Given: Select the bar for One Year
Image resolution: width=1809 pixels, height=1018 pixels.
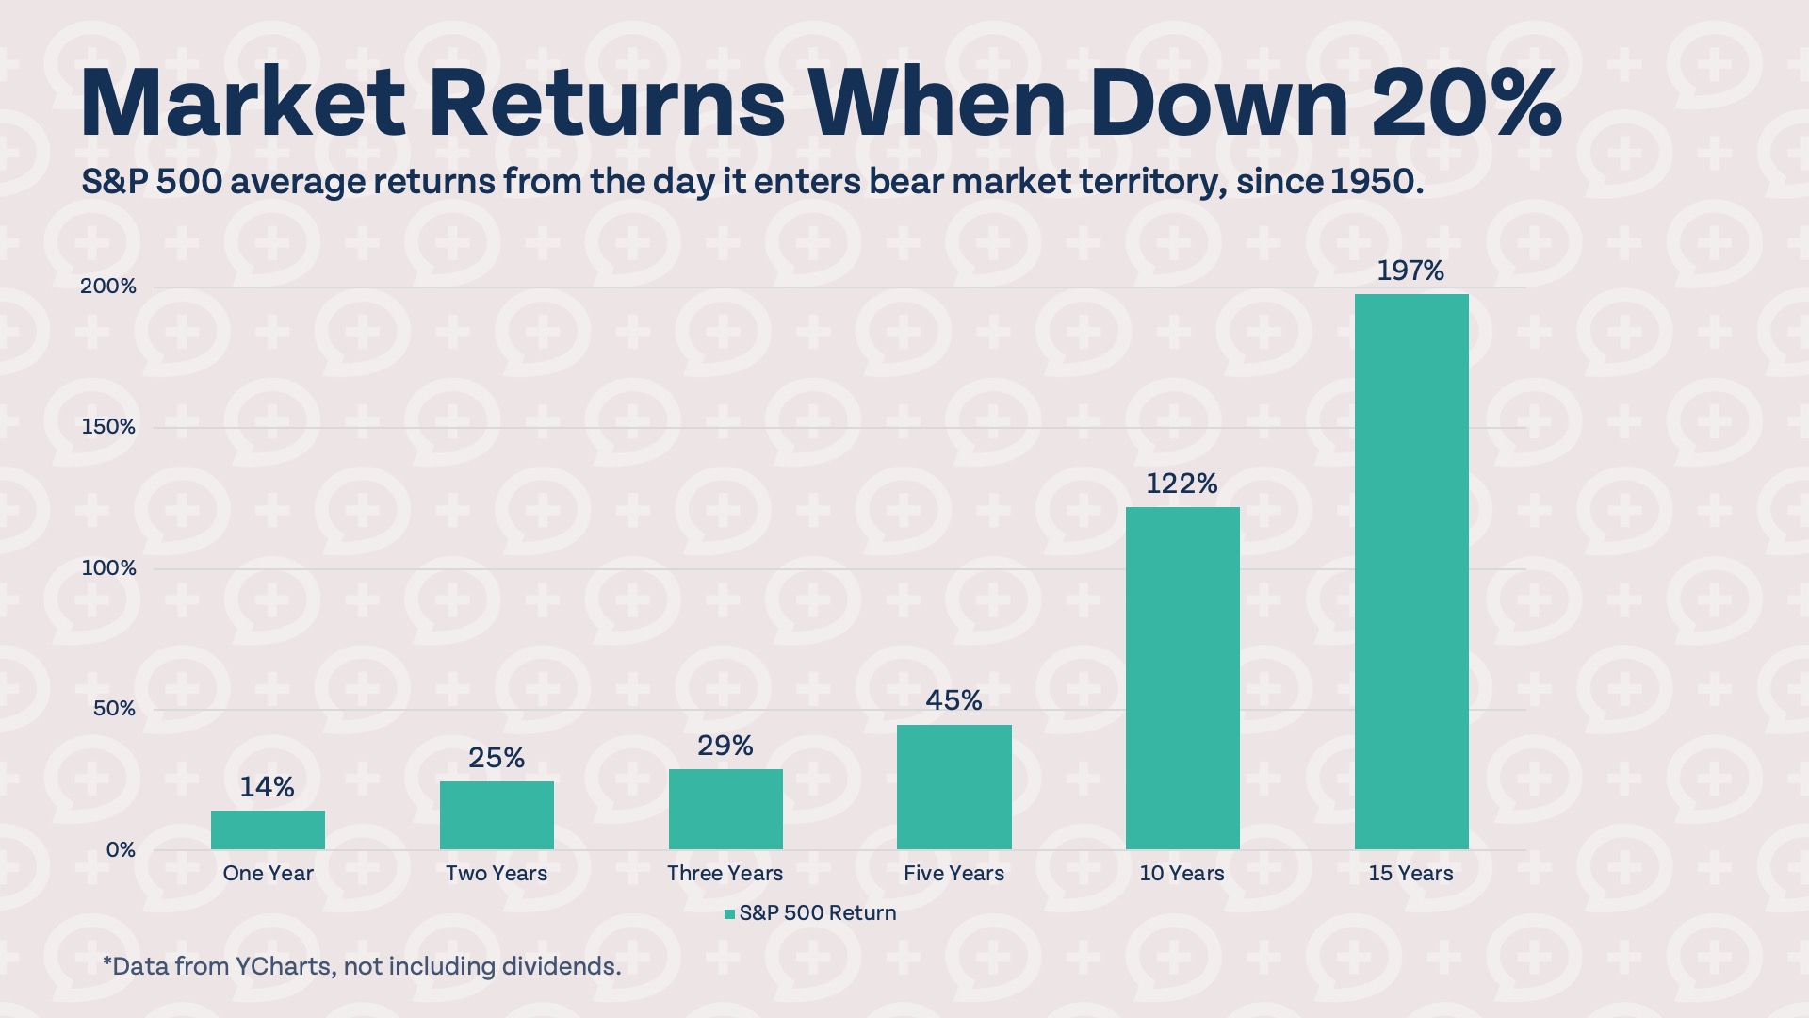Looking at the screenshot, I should [268, 829].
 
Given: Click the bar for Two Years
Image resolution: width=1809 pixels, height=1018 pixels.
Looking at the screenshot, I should [497, 814].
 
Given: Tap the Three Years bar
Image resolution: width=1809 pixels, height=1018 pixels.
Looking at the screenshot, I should [725, 809].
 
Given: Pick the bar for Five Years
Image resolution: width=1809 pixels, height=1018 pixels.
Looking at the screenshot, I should [953, 786].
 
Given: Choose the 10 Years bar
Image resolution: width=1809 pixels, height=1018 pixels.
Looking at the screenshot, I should [1182, 678].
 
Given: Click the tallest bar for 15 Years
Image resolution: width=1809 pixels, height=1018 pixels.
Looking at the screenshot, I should [1410, 571].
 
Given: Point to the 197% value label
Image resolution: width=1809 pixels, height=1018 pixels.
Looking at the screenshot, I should [1410, 271].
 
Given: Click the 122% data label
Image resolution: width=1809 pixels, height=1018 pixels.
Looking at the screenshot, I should [1182, 484].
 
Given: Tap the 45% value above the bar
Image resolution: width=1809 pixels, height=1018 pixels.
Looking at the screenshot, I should [953, 700].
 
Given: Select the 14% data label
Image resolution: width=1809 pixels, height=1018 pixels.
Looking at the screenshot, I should [267, 787].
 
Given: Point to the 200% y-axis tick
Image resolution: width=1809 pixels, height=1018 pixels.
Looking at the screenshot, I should [108, 287].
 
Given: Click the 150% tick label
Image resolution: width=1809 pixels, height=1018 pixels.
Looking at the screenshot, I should [108, 427].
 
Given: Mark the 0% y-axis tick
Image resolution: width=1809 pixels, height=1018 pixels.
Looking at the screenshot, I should [121, 850].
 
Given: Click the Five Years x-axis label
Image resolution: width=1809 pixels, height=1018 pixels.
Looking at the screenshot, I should [953, 874].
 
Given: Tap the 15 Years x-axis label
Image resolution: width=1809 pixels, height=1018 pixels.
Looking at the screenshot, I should [1410, 874].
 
